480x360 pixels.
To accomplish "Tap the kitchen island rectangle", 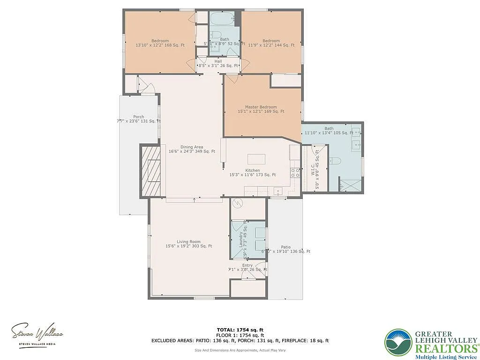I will (x=256, y=158).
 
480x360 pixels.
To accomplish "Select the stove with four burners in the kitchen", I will (x=295, y=172).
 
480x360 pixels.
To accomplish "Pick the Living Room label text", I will (x=188, y=241).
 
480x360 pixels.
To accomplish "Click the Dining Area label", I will (x=191, y=146).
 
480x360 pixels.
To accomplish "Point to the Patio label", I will (x=285, y=247).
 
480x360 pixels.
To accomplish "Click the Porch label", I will (x=138, y=117).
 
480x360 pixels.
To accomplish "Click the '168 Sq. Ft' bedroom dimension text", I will (x=173, y=45).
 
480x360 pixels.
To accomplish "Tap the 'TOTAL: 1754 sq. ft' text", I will (x=240, y=330).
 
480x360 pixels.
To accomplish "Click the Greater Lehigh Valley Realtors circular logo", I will (x=398, y=342).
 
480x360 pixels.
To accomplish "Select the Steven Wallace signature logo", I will (x=37, y=333).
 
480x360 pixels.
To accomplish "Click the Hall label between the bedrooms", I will (x=218, y=61).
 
